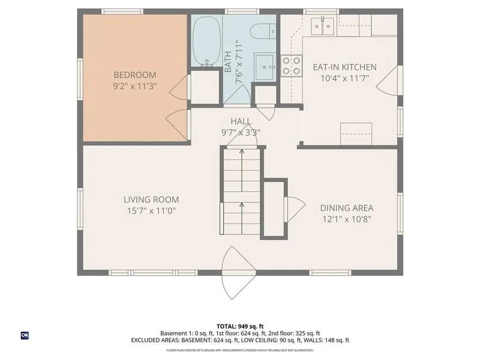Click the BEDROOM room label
[135, 75]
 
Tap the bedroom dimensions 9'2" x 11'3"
[135, 86]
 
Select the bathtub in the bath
[207, 41]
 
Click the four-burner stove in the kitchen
[291, 66]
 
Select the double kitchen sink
[323, 24]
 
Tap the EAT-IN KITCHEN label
[345, 67]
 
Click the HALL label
[240, 121]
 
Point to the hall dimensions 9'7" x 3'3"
[240, 132]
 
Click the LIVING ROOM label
[151, 200]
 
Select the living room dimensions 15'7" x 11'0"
[151, 211]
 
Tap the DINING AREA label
[346, 208]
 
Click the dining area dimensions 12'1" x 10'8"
[346, 219]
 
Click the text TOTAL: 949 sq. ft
[240, 326]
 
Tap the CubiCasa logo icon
[25, 335]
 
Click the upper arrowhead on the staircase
[241, 151]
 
